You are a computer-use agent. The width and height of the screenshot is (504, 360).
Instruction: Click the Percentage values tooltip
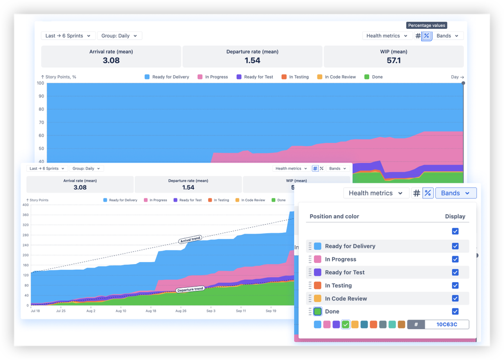pos(426,25)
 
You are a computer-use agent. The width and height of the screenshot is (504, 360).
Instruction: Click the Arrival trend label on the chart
pos(190,240)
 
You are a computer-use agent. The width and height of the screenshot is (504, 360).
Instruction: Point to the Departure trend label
pos(190,289)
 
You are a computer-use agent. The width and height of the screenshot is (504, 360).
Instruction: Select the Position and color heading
pos(334,217)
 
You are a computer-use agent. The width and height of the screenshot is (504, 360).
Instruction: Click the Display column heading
pos(455,217)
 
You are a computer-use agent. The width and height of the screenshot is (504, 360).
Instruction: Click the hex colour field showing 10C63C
pos(446,325)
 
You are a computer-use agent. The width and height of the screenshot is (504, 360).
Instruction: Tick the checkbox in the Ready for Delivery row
pos(455,246)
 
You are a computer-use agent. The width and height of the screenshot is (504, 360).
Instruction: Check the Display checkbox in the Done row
pos(455,312)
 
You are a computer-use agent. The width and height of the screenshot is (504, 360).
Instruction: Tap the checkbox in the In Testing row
pos(455,286)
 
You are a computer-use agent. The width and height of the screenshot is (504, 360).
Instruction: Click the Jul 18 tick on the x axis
pos(36,311)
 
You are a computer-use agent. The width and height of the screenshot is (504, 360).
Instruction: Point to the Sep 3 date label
pos(211,311)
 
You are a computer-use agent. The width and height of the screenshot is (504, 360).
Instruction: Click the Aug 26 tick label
pos(181,311)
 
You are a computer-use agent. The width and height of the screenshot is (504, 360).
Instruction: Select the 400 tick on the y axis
pos(25,205)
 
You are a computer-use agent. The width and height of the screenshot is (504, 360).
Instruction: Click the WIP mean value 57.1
pos(394,61)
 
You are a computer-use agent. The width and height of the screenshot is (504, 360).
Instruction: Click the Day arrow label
pos(457,77)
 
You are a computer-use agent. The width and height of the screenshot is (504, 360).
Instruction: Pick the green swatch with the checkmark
pos(346,325)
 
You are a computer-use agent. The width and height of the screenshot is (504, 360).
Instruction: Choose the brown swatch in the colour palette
pos(401,325)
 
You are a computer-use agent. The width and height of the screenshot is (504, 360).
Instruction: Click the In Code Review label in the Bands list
pos(346,298)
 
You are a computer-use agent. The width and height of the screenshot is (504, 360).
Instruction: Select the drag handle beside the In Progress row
pos(310,260)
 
